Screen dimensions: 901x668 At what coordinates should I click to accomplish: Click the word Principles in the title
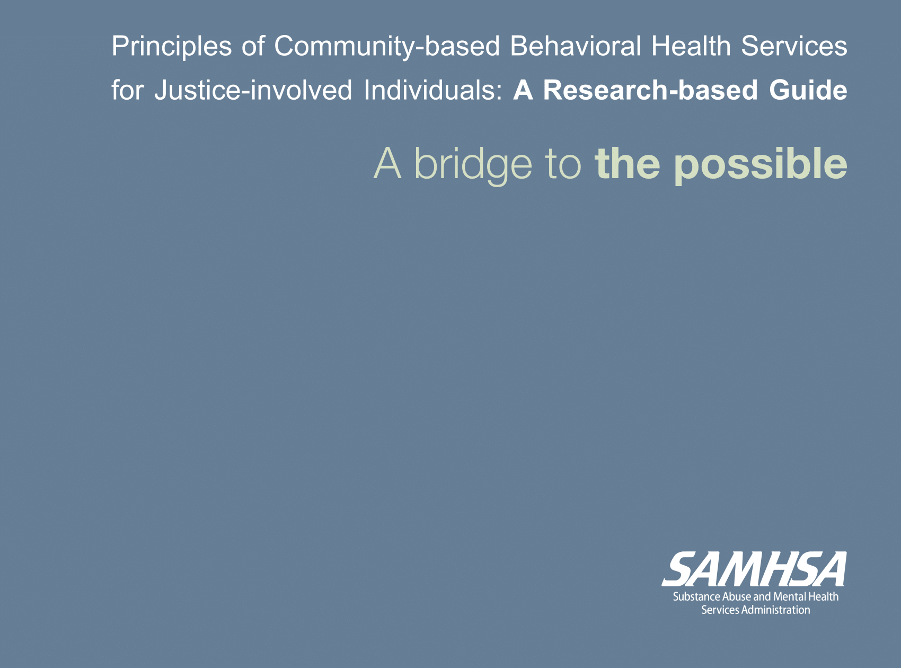[x=172, y=47]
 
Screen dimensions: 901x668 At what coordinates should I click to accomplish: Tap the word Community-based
[x=387, y=47]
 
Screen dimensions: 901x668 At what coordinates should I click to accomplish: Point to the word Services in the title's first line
[x=794, y=46]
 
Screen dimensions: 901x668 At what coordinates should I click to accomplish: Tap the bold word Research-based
[x=651, y=90]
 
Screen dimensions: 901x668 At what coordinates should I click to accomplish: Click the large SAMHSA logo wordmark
[x=754, y=569]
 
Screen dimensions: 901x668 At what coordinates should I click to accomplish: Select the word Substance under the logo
[x=697, y=597]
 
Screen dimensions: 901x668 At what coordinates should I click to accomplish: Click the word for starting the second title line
[x=127, y=90]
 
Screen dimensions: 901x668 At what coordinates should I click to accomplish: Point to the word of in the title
[x=253, y=46]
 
